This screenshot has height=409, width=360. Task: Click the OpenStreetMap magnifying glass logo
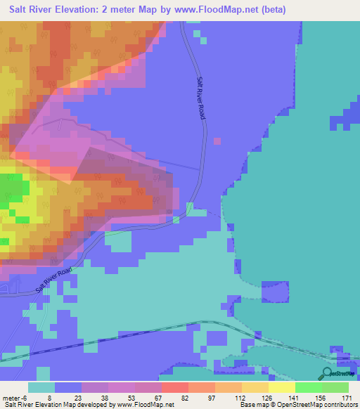tap(328, 372)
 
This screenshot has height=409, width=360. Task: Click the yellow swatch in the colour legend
tap(281, 387)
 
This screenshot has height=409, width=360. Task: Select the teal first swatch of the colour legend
tap(41, 387)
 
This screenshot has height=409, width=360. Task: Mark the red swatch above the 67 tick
tap(174, 387)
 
